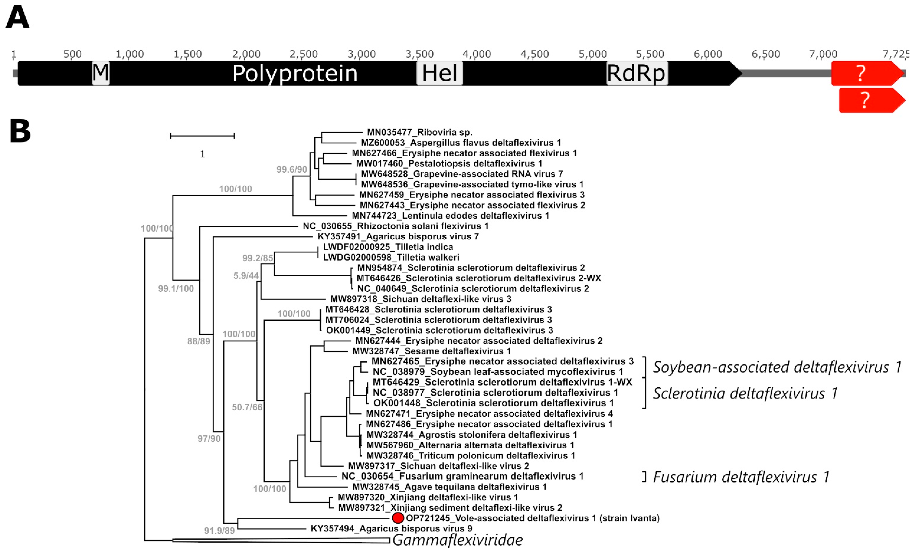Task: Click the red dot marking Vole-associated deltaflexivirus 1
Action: [398, 518]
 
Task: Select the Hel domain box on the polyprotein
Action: [439, 73]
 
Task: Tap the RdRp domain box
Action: [636, 73]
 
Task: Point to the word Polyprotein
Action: [295, 73]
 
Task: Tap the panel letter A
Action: [18, 18]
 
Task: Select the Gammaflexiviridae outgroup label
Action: [457, 540]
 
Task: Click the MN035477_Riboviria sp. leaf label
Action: [419, 132]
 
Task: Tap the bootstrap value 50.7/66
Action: [247, 407]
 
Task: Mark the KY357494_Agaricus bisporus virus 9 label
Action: [391, 528]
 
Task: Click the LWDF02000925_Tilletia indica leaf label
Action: [388, 247]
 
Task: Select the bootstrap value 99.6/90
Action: [292, 169]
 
